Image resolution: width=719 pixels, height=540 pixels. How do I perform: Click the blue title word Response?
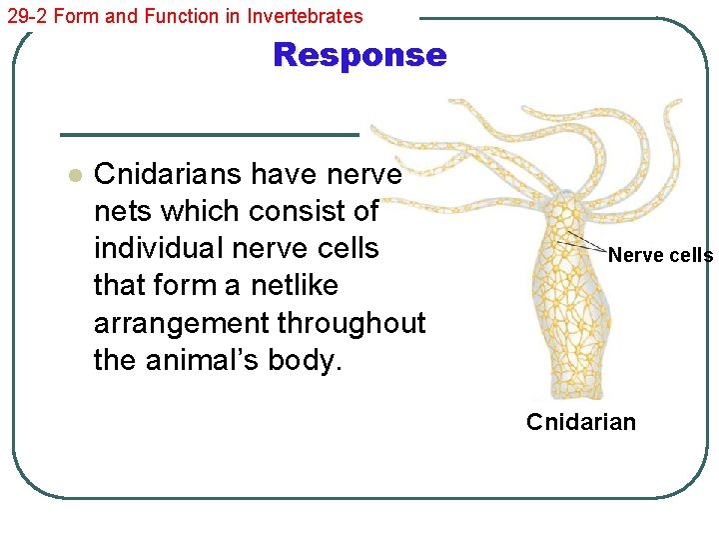point(359,55)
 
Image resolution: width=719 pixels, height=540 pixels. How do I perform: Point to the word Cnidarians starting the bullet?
point(168,175)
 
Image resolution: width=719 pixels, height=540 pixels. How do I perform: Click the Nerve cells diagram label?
point(660,255)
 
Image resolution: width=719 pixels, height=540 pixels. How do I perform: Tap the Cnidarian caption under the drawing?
point(581,422)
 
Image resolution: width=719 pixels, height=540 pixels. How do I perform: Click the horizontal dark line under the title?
point(209,134)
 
